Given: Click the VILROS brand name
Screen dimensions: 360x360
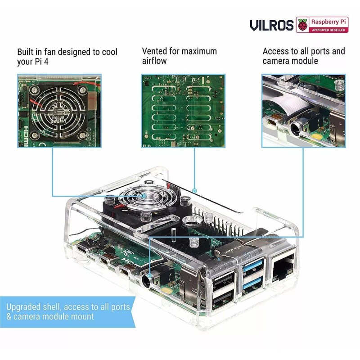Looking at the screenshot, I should (271, 25).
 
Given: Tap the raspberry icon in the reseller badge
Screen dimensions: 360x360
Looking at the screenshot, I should (303, 25).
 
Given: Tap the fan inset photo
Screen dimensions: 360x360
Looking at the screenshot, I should (59, 111).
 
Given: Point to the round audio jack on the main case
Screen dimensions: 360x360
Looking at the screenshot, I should (147, 281).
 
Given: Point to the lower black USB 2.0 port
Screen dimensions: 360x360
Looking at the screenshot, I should (223, 298).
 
